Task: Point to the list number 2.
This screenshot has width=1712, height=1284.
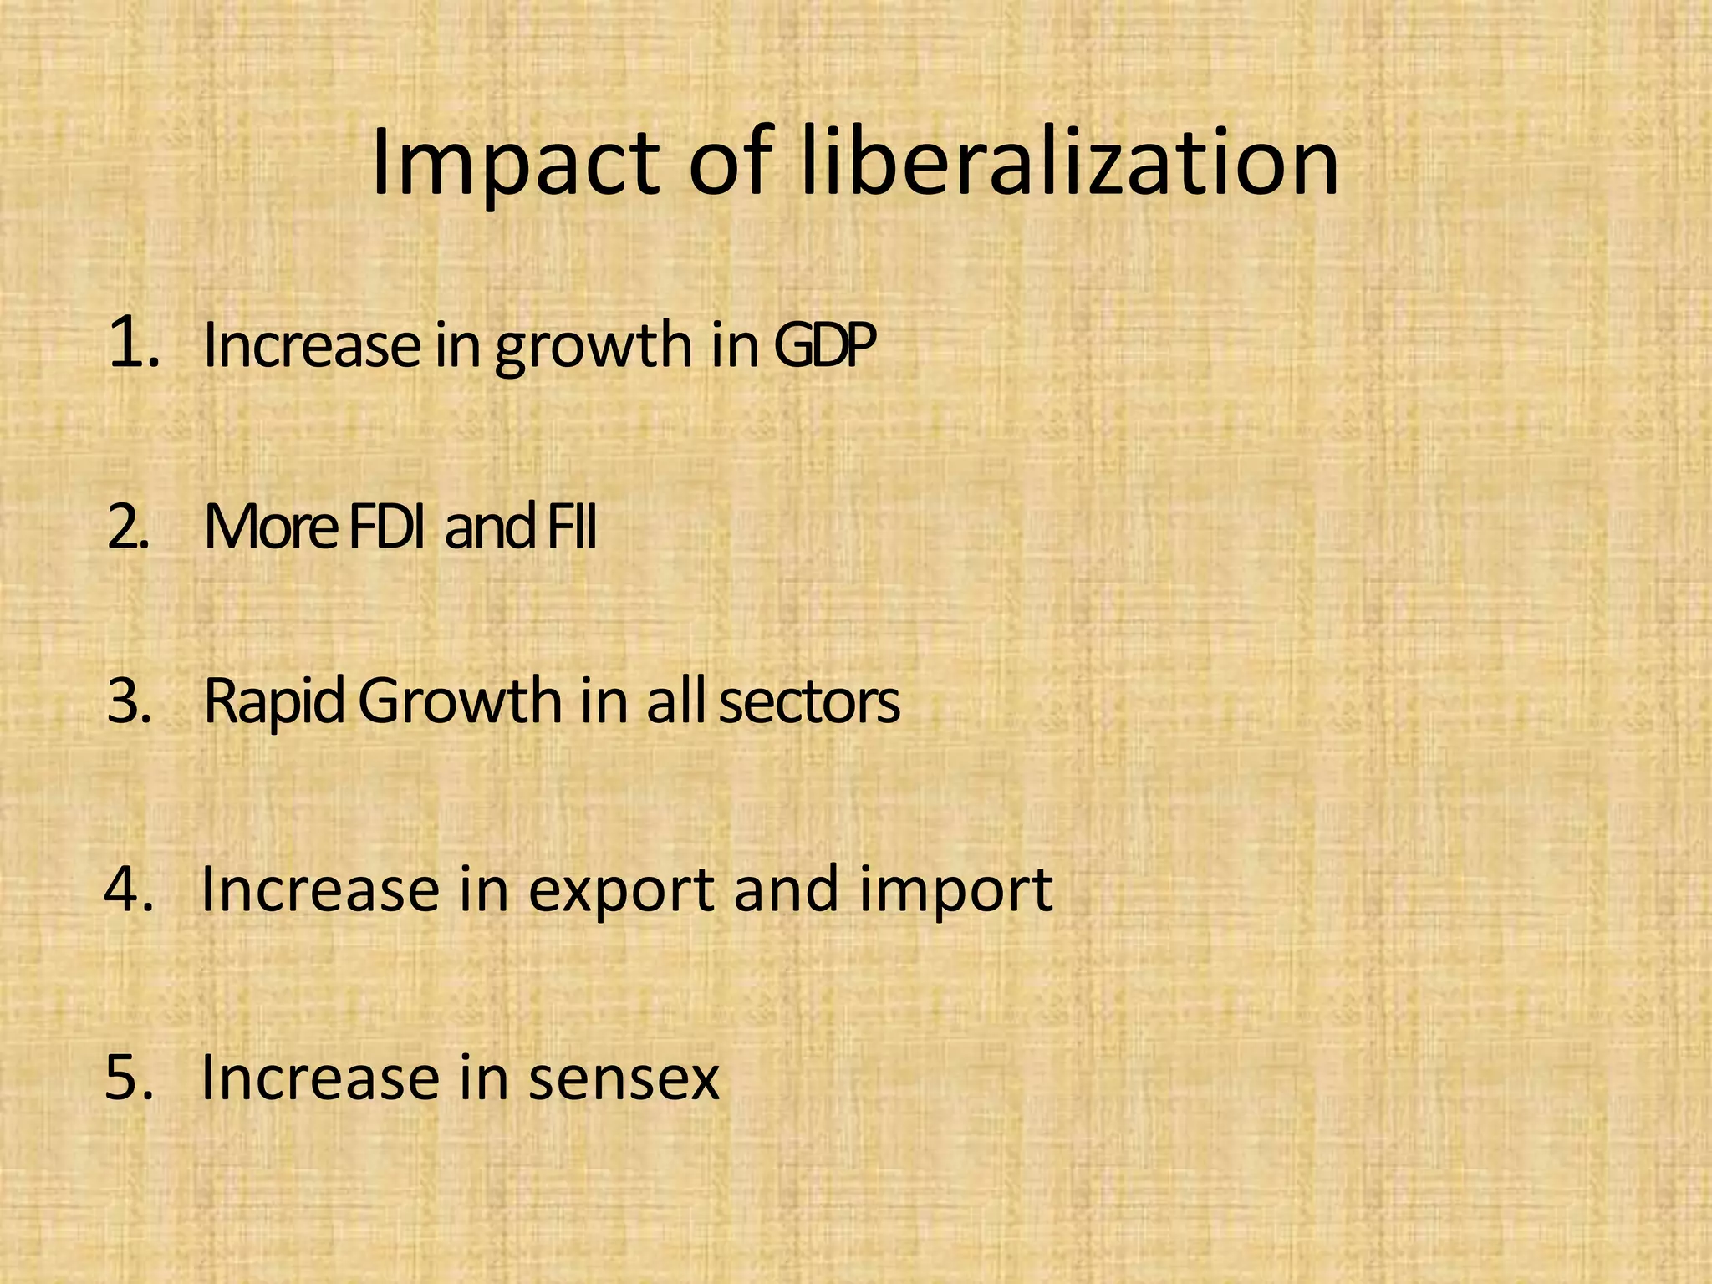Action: click(x=128, y=528)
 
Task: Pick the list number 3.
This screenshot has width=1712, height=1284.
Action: click(x=130, y=702)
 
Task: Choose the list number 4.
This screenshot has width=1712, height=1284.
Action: click(x=129, y=889)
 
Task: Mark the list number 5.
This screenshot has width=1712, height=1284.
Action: click(x=130, y=1077)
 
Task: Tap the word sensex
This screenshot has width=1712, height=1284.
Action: click(x=624, y=1078)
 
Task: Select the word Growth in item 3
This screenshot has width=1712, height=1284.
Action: click(x=461, y=702)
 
